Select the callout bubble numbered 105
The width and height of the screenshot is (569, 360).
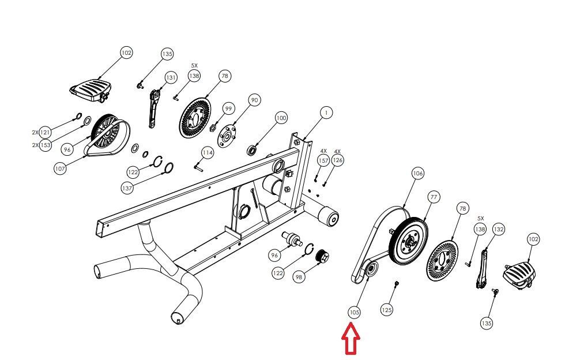point(355,312)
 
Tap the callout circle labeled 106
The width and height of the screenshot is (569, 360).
point(418,173)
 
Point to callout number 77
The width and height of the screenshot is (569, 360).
point(434,197)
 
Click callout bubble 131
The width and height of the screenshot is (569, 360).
point(171,77)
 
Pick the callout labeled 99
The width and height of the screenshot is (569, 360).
point(229,108)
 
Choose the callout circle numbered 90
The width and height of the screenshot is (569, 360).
point(254,100)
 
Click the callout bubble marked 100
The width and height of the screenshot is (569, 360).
point(281,118)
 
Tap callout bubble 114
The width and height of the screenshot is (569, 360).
point(208,153)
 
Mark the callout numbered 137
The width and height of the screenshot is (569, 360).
point(127,188)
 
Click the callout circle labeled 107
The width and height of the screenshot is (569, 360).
point(61,169)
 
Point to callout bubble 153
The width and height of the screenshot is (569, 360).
point(46,145)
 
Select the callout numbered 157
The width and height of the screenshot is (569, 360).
point(324,160)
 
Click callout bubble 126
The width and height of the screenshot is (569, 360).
point(338,160)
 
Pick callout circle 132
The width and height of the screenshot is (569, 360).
point(499,229)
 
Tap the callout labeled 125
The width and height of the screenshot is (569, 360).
point(387,310)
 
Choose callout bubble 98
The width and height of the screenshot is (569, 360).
point(299,277)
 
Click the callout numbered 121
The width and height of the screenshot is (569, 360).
point(46,132)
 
